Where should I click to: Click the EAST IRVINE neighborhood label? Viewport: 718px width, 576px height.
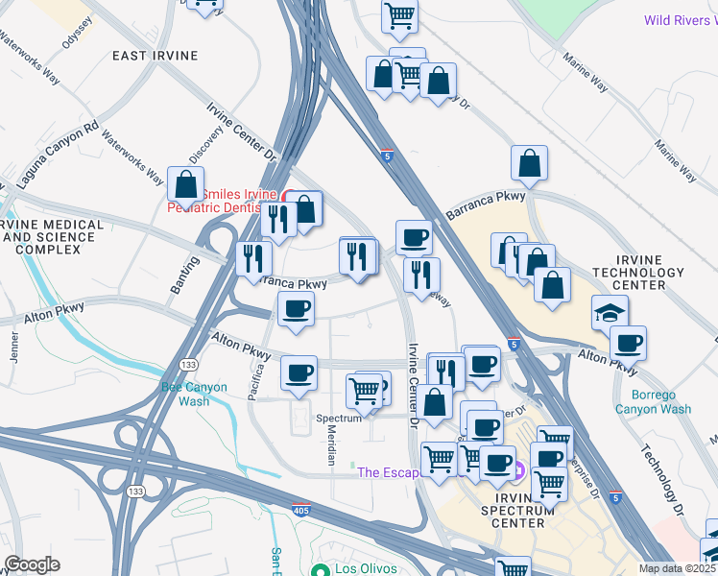(155, 56)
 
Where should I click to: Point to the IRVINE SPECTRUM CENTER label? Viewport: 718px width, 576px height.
(518, 497)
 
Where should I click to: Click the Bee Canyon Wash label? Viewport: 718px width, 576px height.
(194, 395)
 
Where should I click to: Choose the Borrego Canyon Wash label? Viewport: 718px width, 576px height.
(661, 402)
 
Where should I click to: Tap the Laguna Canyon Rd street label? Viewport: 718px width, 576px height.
(59, 153)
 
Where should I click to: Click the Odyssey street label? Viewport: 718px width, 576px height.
(76, 35)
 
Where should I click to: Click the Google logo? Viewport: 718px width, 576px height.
(32, 564)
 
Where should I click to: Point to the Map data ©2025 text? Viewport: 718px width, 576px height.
(678, 568)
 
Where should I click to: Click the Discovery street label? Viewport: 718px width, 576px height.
(205, 145)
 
